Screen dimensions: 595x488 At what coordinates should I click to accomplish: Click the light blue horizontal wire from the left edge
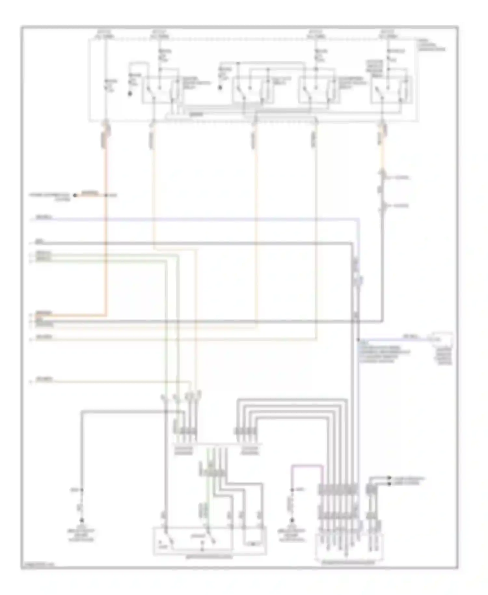click(x=195, y=220)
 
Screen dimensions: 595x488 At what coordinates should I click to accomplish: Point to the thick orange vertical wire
click(x=105, y=228)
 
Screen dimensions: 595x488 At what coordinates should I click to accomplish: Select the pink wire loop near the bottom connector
click(x=307, y=466)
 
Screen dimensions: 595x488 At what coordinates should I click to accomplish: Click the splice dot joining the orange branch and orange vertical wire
click(x=106, y=195)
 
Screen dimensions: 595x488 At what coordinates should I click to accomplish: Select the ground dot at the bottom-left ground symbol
click(x=82, y=520)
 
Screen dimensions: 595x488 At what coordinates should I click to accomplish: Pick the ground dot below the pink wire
click(x=292, y=520)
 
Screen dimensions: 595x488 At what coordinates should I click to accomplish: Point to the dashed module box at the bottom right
click(x=349, y=547)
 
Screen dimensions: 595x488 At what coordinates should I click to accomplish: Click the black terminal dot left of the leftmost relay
click(x=130, y=94)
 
